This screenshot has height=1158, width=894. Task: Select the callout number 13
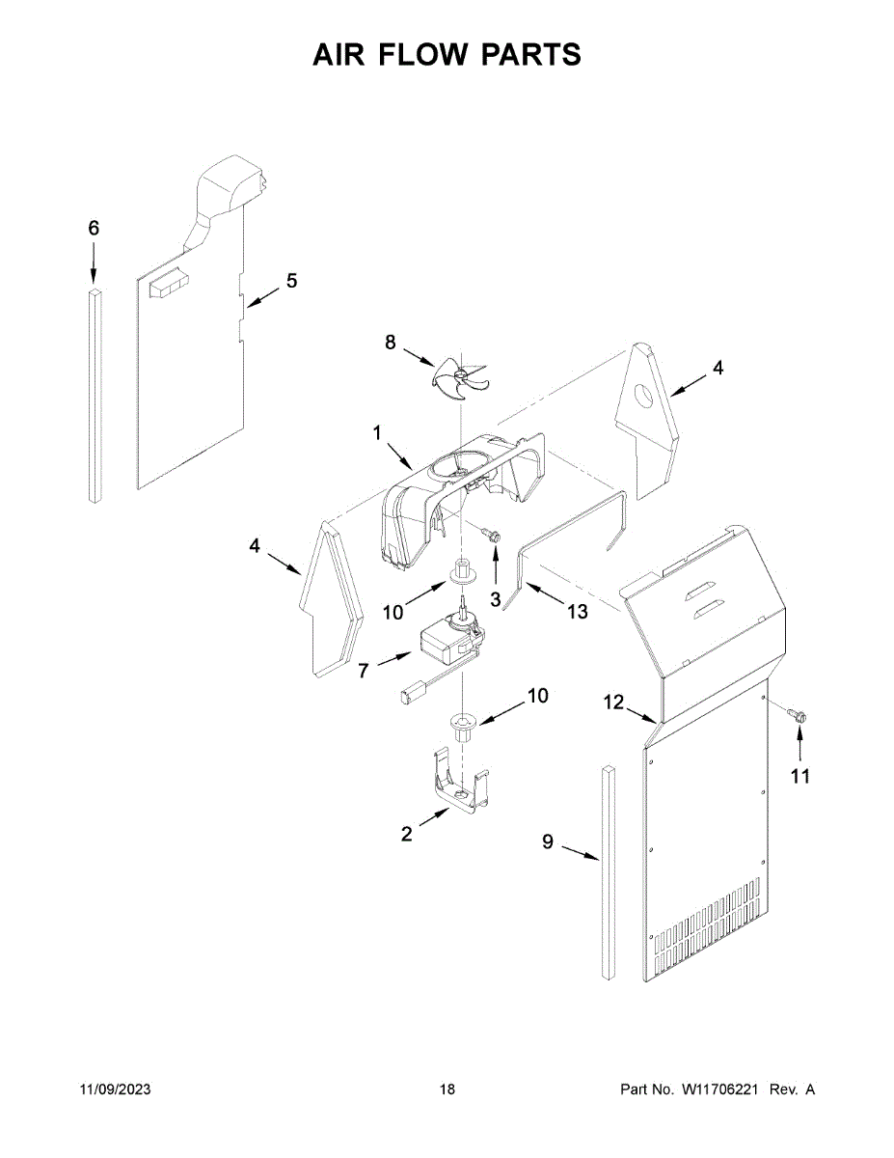click(577, 612)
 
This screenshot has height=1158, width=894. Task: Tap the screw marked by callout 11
click(797, 714)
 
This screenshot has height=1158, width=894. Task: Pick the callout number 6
click(94, 229)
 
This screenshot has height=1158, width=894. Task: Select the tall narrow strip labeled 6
click(94, 396)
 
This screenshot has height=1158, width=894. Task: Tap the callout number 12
click(614, 703)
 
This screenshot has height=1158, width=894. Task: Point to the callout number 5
click(291, 281)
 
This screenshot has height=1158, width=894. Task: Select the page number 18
click(447, 1089)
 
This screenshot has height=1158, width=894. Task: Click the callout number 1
click(377, 434)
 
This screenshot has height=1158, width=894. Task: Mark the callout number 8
click(390, 342)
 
